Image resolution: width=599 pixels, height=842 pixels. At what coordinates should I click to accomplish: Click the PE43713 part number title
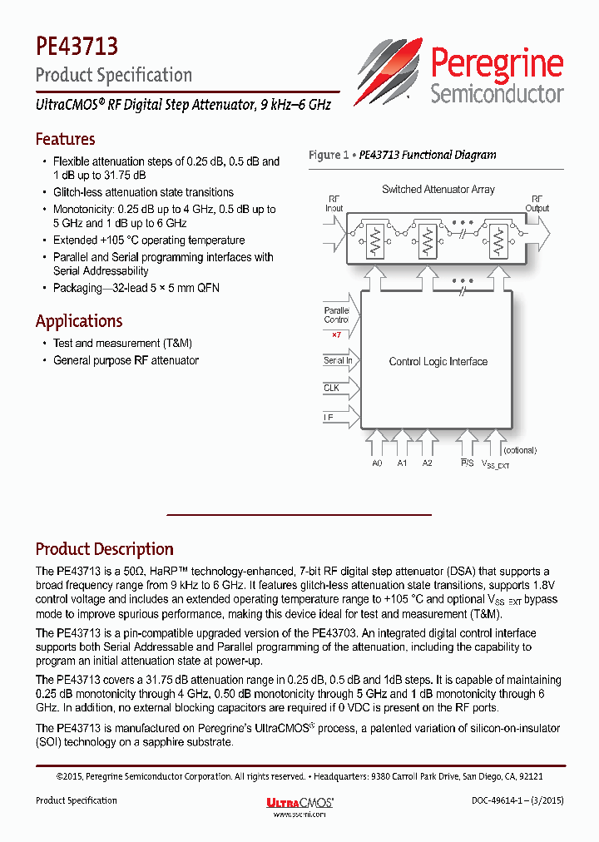point(77,43)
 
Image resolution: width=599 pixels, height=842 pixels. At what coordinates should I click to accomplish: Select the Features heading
point(65,139)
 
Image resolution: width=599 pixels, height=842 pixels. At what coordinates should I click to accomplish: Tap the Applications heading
point(79,321)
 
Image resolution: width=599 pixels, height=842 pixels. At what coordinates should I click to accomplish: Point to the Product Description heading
point(104,549)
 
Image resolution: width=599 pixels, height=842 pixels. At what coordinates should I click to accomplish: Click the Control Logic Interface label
point(438,362)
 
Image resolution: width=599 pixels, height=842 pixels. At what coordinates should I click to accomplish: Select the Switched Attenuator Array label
point(438,190)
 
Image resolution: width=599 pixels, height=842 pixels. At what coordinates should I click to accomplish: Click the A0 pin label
point(378,463)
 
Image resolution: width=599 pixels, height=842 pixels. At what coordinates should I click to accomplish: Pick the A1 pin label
point(403,463)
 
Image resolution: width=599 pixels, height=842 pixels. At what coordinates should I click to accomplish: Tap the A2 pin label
point(428,463)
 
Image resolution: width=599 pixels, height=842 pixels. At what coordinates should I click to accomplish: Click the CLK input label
point(332,389)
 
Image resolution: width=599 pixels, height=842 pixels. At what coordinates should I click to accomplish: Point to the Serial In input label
point(337,361)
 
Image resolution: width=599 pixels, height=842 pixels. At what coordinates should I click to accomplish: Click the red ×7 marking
point(336,334)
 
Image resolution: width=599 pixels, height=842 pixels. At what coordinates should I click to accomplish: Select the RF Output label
point(537,204)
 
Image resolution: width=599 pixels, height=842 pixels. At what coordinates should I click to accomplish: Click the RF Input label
point(334,204)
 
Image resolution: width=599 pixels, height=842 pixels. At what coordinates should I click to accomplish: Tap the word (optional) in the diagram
point(519,450)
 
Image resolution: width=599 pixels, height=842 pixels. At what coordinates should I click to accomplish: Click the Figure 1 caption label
point(402,155)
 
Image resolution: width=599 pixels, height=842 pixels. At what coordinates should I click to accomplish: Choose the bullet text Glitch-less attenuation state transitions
point(143,192)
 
